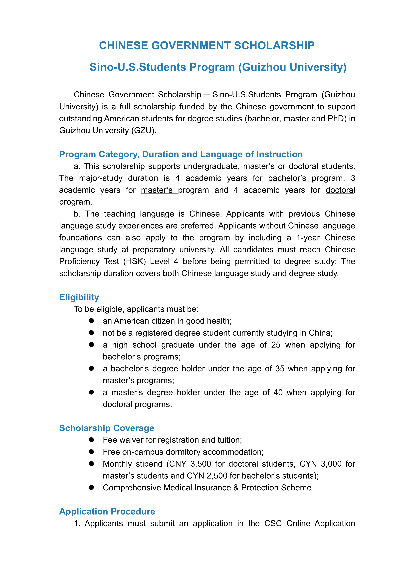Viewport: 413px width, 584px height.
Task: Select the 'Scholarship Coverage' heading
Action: pyautogui.click(x=107, y=428)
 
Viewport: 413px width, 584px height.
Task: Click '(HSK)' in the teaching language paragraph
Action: pyautogui.click(x=134, y=261)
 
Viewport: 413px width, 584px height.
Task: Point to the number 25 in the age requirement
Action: pyautogui.click(x=276, y=345)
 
